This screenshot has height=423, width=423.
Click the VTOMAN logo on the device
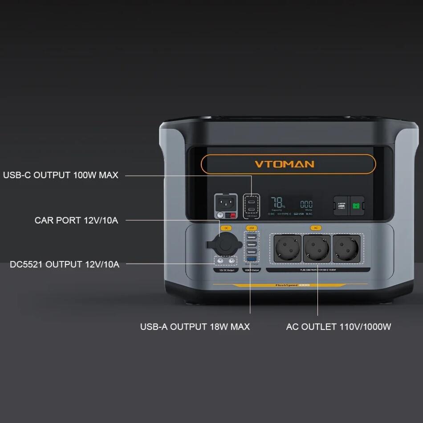(x=284, y=164)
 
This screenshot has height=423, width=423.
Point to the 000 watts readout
(x=306, y=204)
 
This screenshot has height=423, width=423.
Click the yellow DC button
(x=226, y=228)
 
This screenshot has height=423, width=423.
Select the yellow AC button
(x=316, y=228)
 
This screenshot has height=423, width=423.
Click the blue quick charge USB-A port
(x=252, y=259)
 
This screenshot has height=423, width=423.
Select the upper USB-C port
(x=252, y=199)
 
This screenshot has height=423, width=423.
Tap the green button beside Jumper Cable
(x=356, y=206)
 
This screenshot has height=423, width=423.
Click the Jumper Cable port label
(x=342, y=205)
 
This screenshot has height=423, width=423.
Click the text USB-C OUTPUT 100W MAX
(x=61, y=175)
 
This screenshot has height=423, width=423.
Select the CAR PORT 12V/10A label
(x=77, y=220)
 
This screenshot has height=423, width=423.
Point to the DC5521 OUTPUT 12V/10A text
(x=65, y=264)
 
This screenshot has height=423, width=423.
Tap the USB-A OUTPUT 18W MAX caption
(x=195, y=327)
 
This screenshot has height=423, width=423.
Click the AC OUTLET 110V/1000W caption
(x=338, y=327)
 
